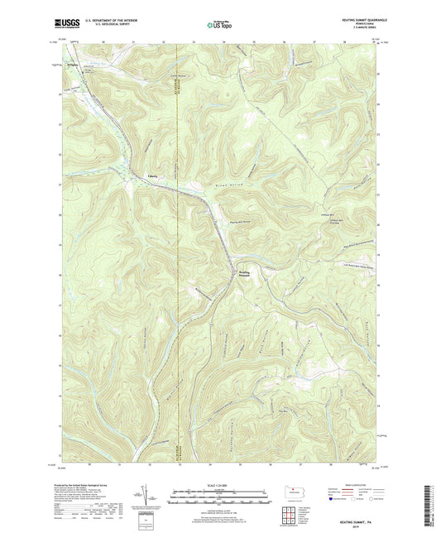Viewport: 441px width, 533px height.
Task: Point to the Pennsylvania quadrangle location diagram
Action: click(298, 493)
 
